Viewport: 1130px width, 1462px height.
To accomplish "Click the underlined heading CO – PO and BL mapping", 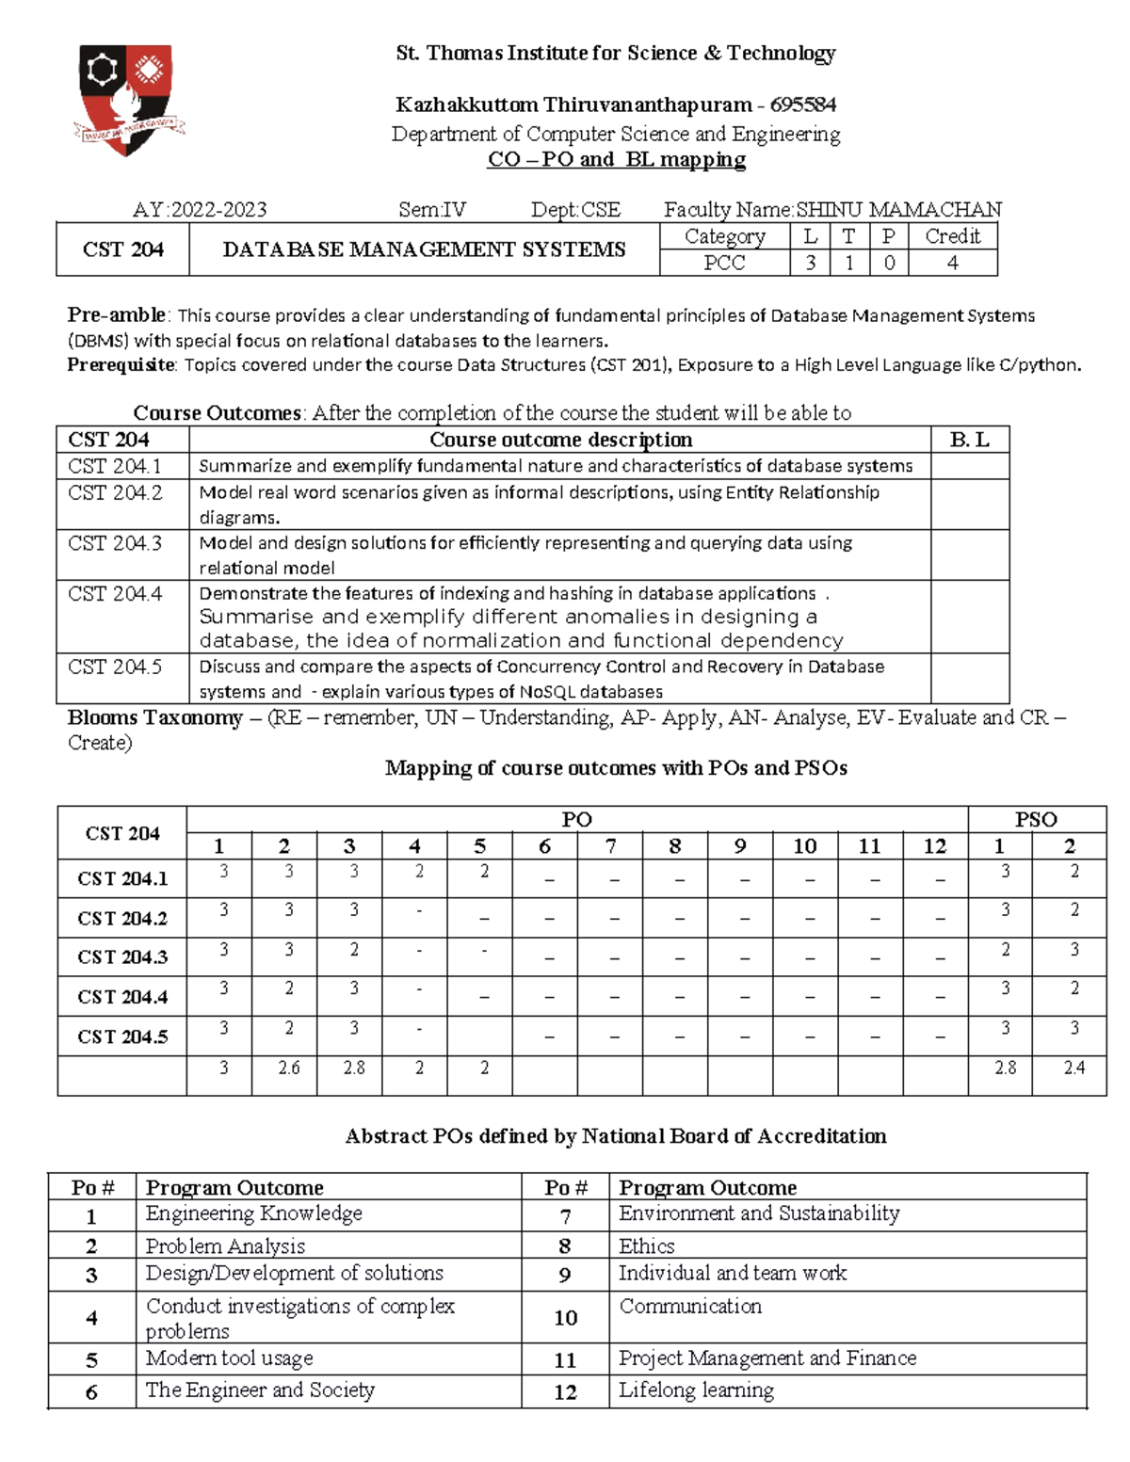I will click(x=616, y=159).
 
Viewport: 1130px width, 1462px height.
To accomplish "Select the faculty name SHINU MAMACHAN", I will click(x=898, y=209).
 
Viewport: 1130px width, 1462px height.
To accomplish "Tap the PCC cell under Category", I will click(x=724, y=263).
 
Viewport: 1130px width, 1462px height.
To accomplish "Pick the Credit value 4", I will click(x=952, y=263).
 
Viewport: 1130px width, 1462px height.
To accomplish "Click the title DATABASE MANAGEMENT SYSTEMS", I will click(x=424, y=249).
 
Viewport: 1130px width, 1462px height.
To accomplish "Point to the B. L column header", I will click(x=969, y=440).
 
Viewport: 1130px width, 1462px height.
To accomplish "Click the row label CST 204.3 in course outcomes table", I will click(x=115, y=543).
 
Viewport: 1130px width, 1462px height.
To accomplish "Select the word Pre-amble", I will click(x=116, y=315).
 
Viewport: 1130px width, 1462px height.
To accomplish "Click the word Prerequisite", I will click(x=121, y=364).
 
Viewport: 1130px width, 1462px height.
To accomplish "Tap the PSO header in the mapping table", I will click(x=1036, y=819).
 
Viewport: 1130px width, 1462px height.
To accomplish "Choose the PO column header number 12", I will click(x=934, y=845).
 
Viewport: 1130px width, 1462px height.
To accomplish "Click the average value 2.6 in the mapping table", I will click(x=288, y=1068).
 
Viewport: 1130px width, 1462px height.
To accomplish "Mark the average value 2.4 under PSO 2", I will click(x=1073, y=1068).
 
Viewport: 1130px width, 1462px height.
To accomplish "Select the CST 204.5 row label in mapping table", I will click(x=122, y=1036).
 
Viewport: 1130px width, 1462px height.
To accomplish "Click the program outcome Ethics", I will click(x=647, y=1245).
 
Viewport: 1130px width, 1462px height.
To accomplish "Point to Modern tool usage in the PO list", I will click(x=229, y=1358).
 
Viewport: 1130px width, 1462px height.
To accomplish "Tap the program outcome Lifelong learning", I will click(x=696, y=1390).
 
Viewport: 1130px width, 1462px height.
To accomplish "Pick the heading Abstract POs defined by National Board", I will click(x=616, y=1136).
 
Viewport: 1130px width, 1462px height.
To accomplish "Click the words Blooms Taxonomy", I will click(x=155, y=717).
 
